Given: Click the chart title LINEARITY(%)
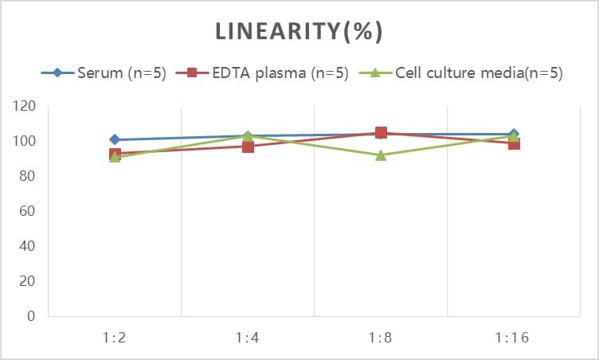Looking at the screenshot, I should pos(299,32).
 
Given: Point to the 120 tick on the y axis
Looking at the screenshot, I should pos(25,106).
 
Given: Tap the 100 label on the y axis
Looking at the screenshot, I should pos(25,141).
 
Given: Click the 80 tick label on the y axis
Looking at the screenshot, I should pos(29,176).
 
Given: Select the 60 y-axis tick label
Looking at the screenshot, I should pos(29,211).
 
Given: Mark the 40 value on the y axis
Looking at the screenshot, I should pos(29,246).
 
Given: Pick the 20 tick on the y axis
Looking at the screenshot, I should pos(29,281).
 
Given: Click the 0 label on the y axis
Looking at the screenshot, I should pos(32,316).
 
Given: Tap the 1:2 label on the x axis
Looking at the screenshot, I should pos(115,338).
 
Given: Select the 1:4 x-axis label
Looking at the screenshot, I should pos(248,338).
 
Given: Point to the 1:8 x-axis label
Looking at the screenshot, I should pos(381,338).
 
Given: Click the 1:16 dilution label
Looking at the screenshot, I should pos(514,338).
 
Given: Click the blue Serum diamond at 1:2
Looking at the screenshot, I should pos(115,139).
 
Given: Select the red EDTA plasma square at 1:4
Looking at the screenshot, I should pos(248,147).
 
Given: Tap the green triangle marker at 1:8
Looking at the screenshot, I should pos(381,155).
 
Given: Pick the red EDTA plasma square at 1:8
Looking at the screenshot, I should pos(381,133).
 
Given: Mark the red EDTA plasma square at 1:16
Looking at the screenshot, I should pos(514,144).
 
